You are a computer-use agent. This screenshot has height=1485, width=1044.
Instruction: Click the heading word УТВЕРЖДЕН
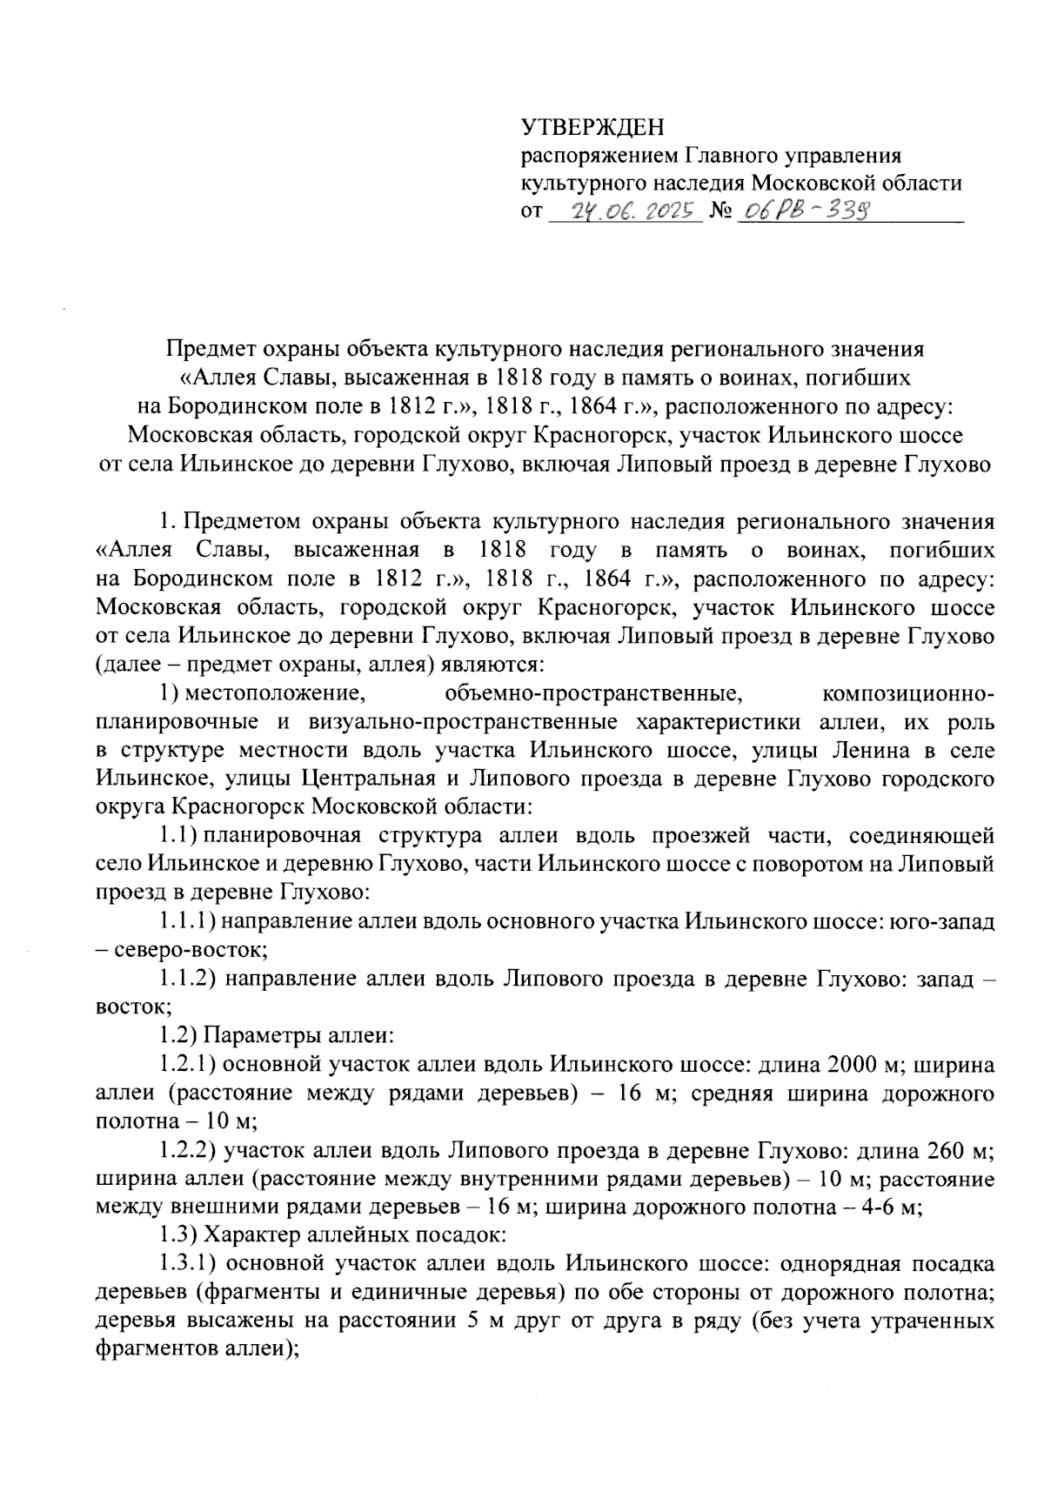coord(592,129)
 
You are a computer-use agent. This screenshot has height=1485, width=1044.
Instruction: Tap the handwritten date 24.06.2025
coord(626,211)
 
